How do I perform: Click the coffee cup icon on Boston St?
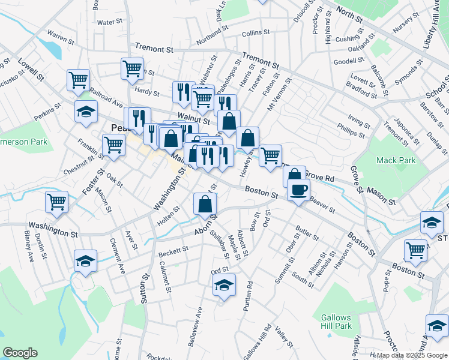[298, 191]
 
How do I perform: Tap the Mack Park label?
[396, 161]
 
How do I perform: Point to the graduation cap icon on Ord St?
[224, 285]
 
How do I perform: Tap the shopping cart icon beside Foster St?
[57, 202]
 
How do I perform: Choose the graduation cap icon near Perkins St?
[86, 112]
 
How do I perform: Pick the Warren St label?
[60, 38]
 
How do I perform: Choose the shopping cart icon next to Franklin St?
[113, 144]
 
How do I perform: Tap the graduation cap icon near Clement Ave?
[86, 261]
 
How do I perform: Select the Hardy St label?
[146, 92]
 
